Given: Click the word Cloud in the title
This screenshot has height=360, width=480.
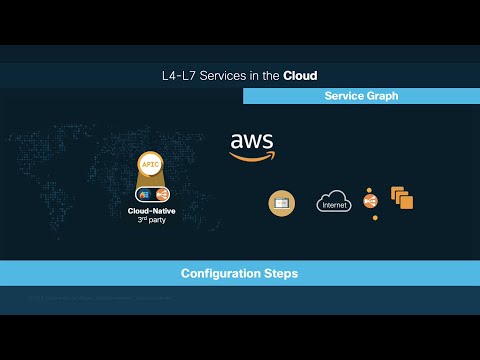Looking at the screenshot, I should (x=301, y=75).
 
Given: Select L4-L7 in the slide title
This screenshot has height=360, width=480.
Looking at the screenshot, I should (x=177, y=75).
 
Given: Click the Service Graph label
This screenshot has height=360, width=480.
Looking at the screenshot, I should (x=361, y=96).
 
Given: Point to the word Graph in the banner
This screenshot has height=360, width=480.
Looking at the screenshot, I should (x=381, y=96).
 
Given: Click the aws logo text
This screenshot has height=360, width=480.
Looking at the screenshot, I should (x=251, y=141).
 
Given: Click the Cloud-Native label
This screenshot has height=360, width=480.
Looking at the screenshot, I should (x=153, y=211).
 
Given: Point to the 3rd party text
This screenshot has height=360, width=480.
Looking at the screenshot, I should (x=153, y=219).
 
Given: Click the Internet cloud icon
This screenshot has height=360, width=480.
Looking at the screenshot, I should (x=334, y=202).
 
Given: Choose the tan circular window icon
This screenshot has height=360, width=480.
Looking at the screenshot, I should (x=282, y=203).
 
